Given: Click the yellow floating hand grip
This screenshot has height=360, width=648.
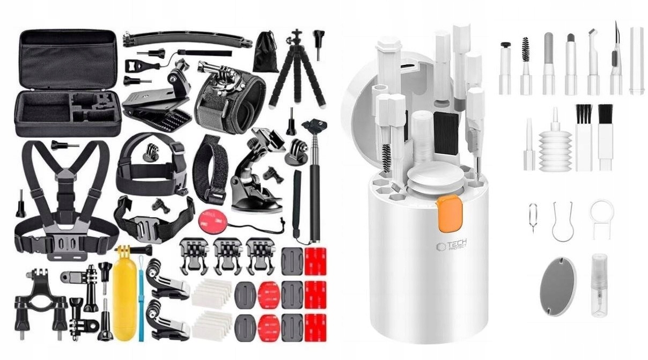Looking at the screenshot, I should (124, 292).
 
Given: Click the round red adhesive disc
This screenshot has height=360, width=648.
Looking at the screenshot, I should (209, 219).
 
